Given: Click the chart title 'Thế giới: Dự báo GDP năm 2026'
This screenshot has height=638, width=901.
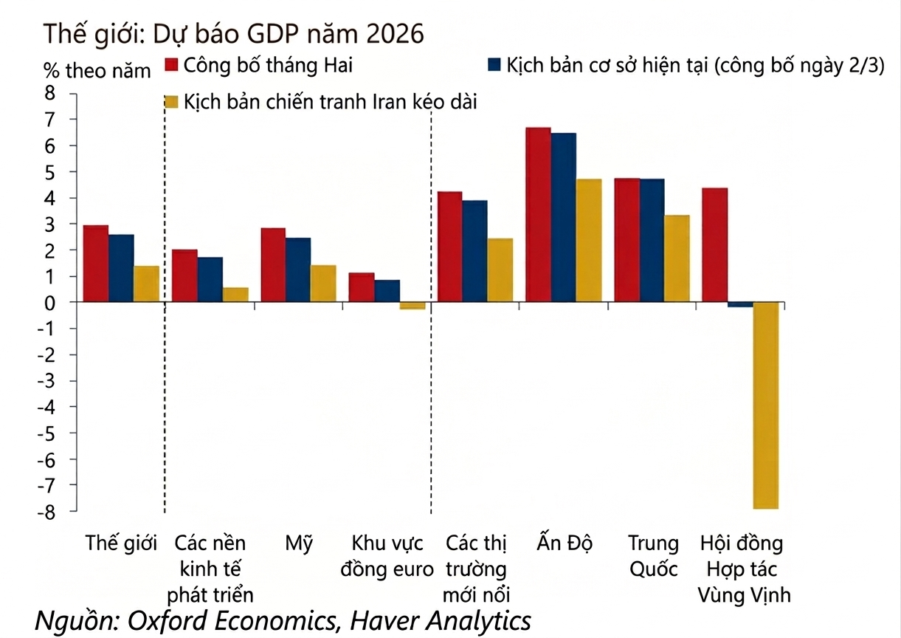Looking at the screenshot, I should point(234,34).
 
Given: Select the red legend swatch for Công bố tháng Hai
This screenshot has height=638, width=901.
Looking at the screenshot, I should point(171,65).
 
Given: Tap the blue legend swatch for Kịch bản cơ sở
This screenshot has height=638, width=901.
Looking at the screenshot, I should point(494,65).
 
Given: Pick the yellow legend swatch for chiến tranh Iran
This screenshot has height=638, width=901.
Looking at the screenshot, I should point(171,101).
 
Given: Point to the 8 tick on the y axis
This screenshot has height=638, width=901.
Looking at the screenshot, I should point(50,93).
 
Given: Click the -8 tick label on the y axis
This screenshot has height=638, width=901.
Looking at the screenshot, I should point(47,511).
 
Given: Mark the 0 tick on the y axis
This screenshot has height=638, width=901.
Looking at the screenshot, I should point(50,302).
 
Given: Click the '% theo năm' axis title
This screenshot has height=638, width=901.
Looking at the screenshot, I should point(97,71).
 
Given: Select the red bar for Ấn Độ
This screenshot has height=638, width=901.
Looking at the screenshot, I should point(538,215).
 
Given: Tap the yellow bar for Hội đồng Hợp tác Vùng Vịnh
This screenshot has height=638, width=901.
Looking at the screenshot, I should point(765,405).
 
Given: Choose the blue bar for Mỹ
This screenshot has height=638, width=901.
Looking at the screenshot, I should point(298,270).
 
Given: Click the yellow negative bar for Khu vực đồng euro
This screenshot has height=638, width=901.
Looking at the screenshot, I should point(412,306).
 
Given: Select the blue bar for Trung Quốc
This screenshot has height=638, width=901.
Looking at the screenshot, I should point(652,240).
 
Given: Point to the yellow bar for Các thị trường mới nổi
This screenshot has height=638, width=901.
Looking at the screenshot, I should point(500,270).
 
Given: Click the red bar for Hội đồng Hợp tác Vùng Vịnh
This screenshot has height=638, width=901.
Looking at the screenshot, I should point(714,245).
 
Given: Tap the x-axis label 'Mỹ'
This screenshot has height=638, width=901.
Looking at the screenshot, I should point(299,544).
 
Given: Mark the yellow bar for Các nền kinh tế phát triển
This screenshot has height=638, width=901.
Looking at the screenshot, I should point(235,295).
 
